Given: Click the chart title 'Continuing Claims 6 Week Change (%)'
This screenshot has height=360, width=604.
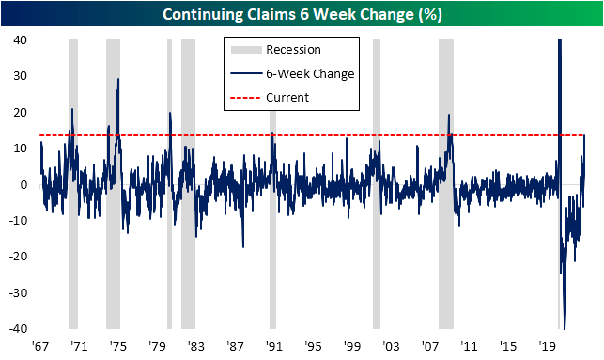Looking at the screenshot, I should [x=302, y=14].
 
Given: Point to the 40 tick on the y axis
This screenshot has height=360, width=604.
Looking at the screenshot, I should [x=19, y=40].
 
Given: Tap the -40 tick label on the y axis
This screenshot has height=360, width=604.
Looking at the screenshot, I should [x=17, y=328].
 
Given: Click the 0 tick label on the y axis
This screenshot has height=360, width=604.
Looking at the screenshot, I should [x=23, y=184].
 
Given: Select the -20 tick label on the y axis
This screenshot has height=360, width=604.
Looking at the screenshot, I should [x=17, y=257].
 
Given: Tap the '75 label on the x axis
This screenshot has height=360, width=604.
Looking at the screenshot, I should [x=118, y=345].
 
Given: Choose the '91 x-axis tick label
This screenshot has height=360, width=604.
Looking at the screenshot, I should [x=272, y=345].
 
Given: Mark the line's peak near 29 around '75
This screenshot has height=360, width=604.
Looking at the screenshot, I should [x=118, y=80].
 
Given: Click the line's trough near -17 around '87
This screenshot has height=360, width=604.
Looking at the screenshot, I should [x=242, y=246].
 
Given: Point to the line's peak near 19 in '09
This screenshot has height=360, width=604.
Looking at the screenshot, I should [x=449, y=116].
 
